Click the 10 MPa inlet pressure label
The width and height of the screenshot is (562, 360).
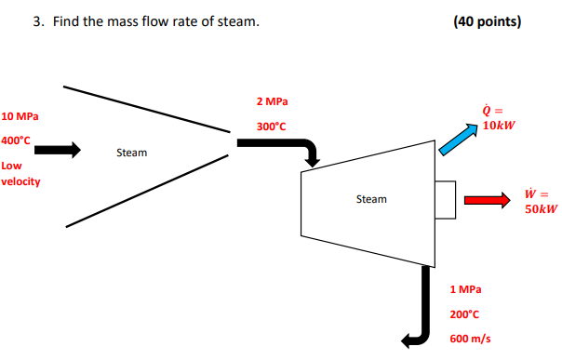[x=20, y=116]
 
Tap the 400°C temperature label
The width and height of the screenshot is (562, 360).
[x=16, y=140]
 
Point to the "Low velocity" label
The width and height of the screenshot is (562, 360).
[x=20, y=173]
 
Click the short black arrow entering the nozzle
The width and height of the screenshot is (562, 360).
[x=60, y=149]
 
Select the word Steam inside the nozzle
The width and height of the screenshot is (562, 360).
[x=131, y=152]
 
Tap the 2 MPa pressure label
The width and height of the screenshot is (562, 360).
[x=271, y=100]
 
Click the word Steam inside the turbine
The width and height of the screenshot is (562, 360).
[x=371, y=199]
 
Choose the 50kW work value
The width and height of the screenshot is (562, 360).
[x=540, y=209]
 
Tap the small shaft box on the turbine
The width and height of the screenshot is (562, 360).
[x=444, y=199]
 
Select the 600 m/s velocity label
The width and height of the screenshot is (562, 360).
[x=470, y=339]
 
